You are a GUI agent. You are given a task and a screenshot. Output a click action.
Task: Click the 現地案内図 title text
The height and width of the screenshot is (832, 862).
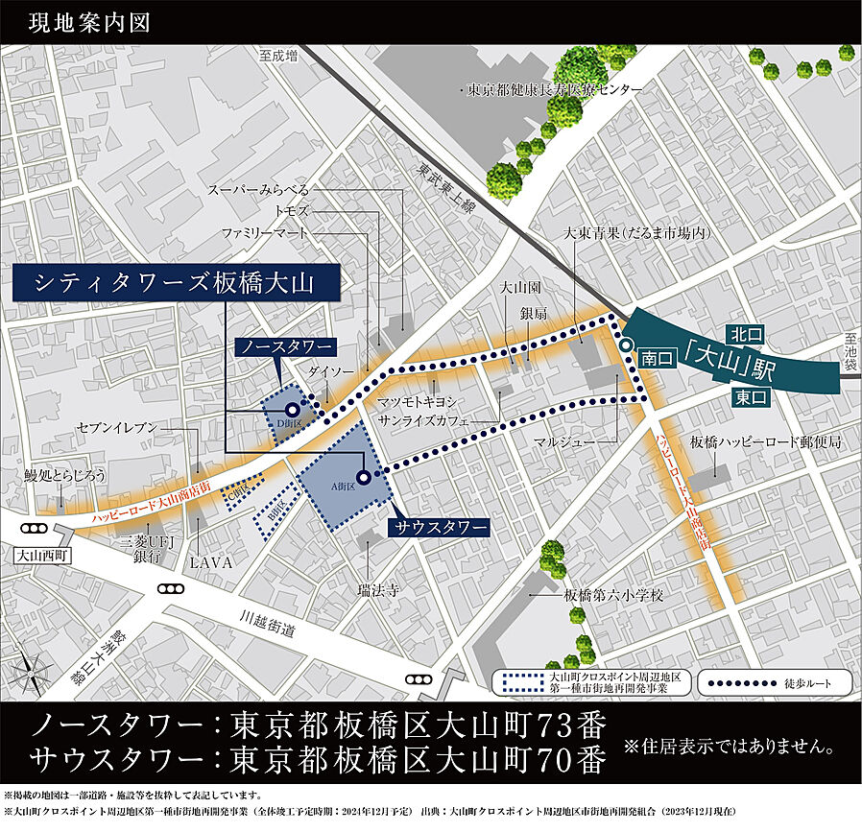click(x=89, y=22)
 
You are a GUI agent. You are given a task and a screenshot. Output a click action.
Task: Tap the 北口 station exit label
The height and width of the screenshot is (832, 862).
click(x=745, y=334)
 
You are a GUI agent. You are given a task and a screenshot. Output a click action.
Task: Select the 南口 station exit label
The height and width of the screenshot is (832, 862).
click(x=658, y=358)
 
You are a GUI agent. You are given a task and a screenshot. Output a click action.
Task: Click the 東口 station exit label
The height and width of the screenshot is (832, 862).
click(x=750, y=395)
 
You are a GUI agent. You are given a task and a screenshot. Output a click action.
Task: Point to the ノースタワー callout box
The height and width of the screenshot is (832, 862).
click(x=284, y=345)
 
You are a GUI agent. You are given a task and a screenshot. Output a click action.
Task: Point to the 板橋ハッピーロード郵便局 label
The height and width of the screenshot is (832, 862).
click(x=765, y=442)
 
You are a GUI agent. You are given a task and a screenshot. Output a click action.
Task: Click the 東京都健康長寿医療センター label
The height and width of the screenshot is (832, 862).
click(x=555, y=89)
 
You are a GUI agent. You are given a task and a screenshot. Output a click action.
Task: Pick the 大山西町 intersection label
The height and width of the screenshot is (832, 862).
click(x=38, y=554)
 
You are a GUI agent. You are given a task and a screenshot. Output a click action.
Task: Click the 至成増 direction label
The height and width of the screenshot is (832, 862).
click(x=278, y=58)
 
